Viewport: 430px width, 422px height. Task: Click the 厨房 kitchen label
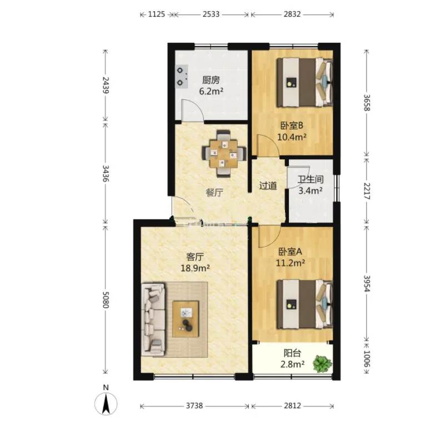[x=211, y=81]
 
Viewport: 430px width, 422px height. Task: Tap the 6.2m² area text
[x=211, y=91]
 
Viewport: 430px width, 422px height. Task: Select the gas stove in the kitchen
[x=182, y=77]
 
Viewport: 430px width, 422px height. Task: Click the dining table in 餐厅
[x=224, y=153]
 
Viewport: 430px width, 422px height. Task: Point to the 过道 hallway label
[x=268, y=186]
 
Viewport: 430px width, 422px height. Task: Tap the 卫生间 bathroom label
[x=311, y=179]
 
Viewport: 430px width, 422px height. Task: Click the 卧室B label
[x=292, y=126]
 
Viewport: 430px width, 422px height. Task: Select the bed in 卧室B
[x=304, y=82]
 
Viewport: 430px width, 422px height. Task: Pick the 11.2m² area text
[x=291, y=263]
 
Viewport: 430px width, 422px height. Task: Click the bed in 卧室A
[x=304, y=304]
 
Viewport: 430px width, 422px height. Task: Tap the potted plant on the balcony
[x=322, y=364]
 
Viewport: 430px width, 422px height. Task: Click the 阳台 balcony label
[x=292, y=354]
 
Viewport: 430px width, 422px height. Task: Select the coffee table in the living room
[x=186, y=319]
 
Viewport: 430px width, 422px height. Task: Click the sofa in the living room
[x=153, y=319]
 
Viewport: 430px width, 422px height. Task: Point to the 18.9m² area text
[x=195, y=268]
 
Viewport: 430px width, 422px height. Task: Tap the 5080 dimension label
[x=106, y=300]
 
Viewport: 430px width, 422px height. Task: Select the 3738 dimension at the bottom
[x=194, y=405]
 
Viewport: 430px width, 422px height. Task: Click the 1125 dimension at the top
[x=157, y=14]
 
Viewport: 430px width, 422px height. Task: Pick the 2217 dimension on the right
[x=367, y=191]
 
